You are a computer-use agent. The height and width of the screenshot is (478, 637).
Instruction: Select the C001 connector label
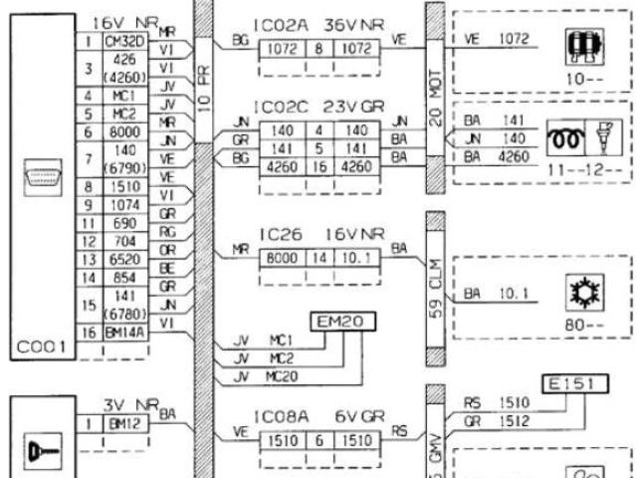coord(40,347)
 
